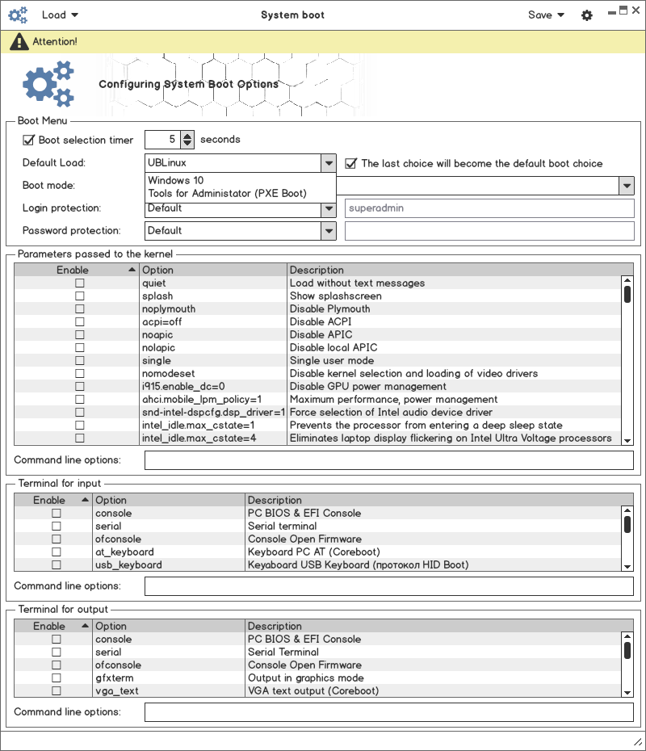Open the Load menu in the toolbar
click(60, 15)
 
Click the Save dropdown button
click(546, 15)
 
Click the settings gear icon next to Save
click(587, 15)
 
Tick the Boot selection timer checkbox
click(29, 140)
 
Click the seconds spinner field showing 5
click(162, 140)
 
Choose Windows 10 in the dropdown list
click(176, 180)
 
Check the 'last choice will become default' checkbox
click(351, 163)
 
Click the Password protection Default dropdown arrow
click(328, 231)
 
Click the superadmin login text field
click(489, 208)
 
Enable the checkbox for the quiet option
click(79, 283)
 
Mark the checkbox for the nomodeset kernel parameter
click(79, 374)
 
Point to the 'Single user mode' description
click(332, 361)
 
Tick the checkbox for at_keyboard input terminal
click(57, 552)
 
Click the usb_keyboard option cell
click(128, 565)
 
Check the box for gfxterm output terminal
click(57, 678)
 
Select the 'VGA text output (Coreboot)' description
click(313, 691)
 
